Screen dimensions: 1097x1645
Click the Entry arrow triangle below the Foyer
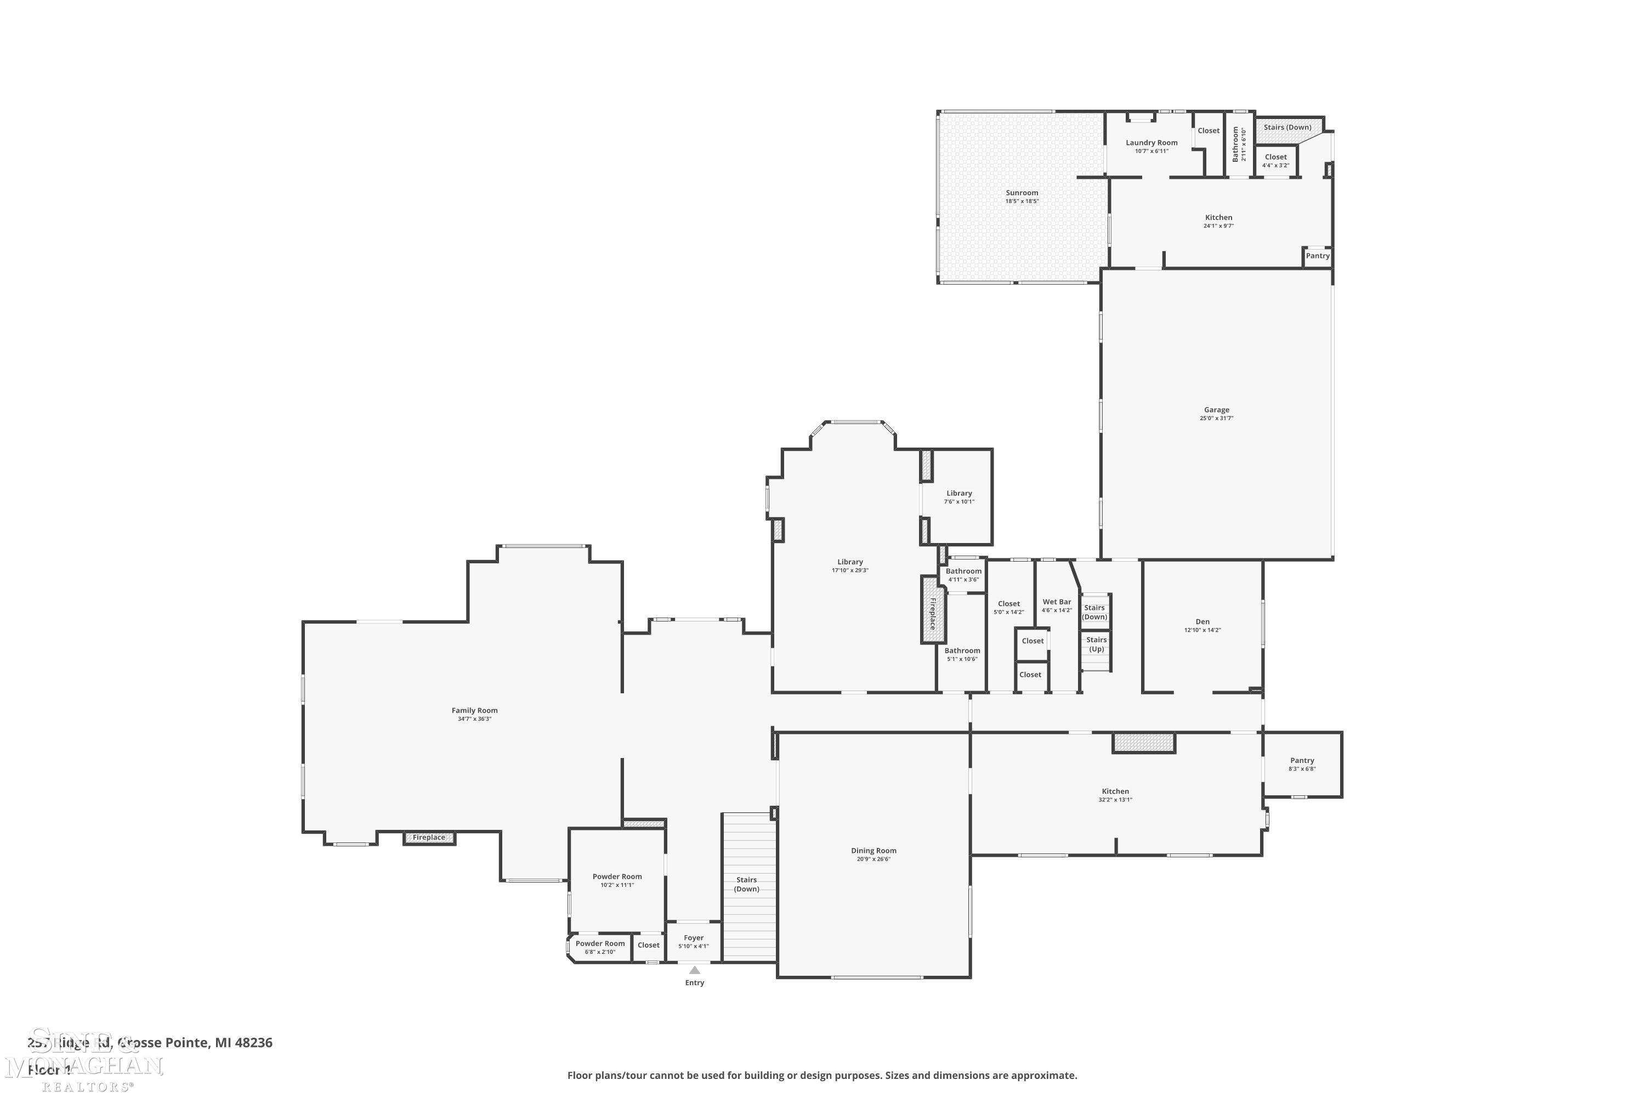(695, 970)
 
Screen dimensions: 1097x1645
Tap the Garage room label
(1216, 410)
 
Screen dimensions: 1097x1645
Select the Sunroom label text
(1022, 193)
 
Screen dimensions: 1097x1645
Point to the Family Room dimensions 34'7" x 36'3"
(474, 719)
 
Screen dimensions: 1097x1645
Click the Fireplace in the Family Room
(429, 838)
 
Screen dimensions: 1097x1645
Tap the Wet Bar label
(1056, 602)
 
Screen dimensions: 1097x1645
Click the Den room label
(1202, 621)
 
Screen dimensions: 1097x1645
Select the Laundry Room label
(1151, 143)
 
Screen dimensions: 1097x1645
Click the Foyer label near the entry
(693, 937)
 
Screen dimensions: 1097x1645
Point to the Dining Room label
(873, 851)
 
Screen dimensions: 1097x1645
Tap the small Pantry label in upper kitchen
(1317, 256)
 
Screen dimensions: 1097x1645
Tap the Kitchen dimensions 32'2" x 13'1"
(1115, 800)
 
